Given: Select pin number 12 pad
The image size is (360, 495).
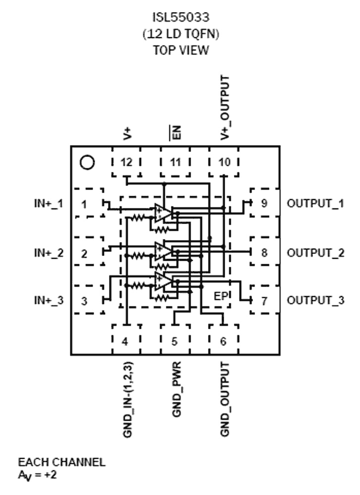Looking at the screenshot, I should pos(126,162).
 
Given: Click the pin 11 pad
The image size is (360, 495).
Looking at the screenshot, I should pos(175,162).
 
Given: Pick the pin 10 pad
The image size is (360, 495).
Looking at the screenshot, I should pos(224,162).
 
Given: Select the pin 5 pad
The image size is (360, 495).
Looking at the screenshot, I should pos(175,342).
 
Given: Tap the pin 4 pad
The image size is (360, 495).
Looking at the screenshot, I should pos(126,342).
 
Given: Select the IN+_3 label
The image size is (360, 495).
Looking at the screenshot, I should pos(49,300).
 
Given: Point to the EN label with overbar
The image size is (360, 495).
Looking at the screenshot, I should pos(175,132).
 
